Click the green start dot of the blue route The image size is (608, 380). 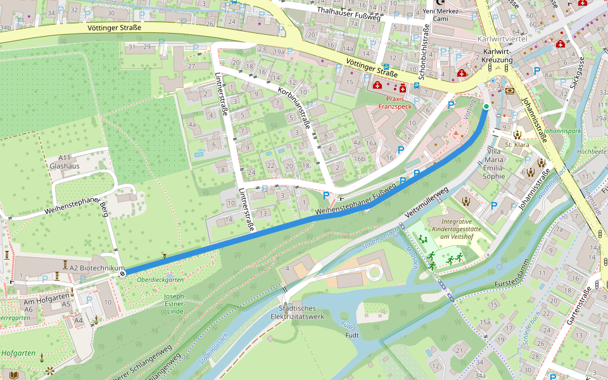[x=486, y=106]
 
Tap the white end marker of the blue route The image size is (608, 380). [x=123, y=272]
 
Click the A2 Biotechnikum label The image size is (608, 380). [x=97, y=269]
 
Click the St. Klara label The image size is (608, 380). [x=517, y=145]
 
